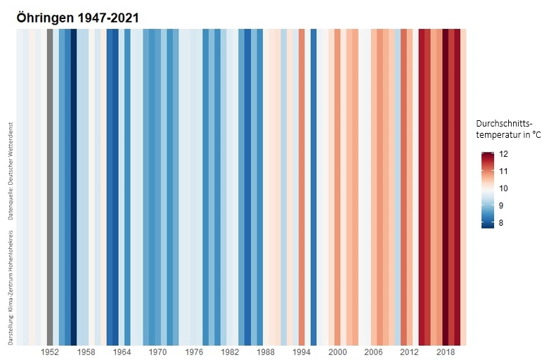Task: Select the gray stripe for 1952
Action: [x=50, y=186]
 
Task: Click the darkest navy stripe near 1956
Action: [x=74, y=186]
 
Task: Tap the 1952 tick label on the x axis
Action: [x=50, y=352]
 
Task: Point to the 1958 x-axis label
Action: [x=86, y=352]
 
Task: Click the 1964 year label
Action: [x=122, y=352]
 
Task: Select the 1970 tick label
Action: [x=157, y=352]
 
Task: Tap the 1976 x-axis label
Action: [x=194, y=352]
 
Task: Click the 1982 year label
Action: [x=230, y=352]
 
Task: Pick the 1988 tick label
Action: [x=266, y=352]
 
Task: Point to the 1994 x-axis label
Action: [x=302, y=352]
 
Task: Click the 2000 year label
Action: [x=338, y=352]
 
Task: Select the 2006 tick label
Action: [x=374, y=352]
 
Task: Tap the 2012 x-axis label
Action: [x=410, y=352]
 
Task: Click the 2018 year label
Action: [x=446, y=352]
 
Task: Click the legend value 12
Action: [x=503, y=154]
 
